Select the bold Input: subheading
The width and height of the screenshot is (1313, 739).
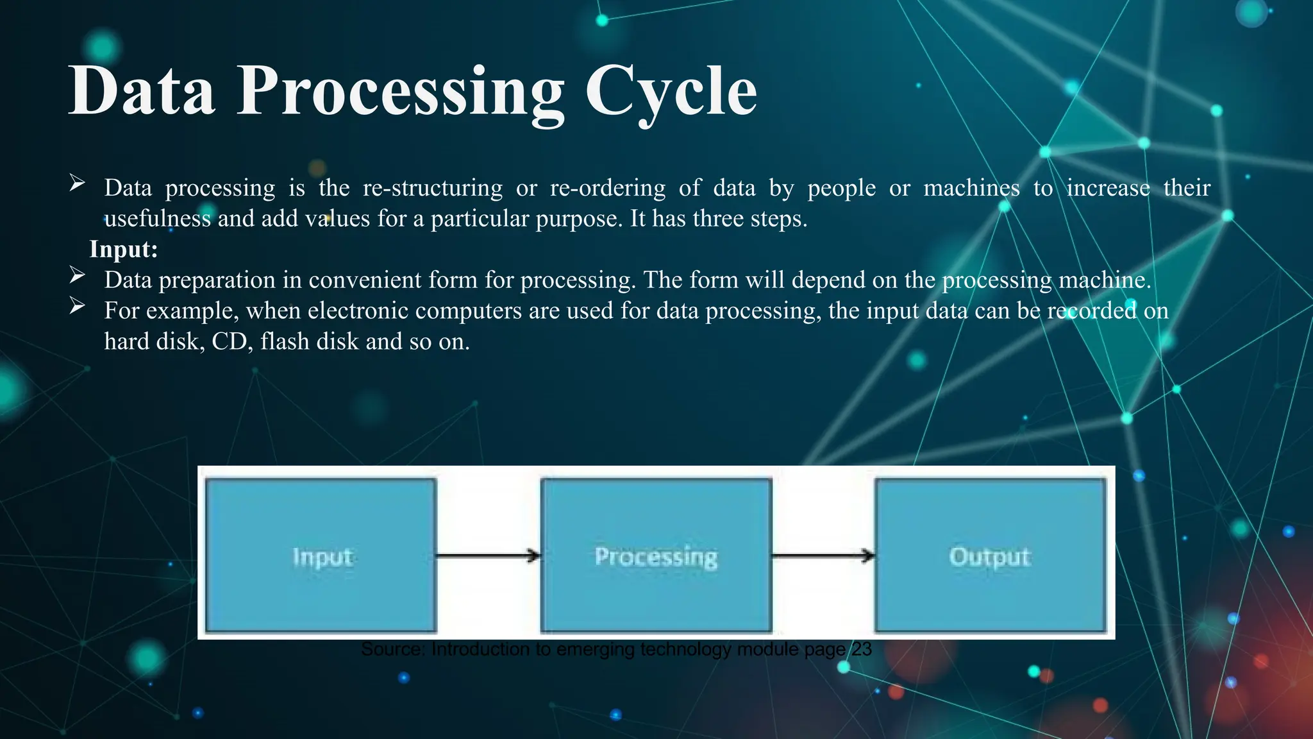pyautogui.click(x=123, y=249)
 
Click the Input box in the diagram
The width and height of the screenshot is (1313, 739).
pyautogui.click(x=321, y=556)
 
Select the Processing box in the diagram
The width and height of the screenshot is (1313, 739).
pyautogui.click(x=656, y=556)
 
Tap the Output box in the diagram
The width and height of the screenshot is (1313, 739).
pyautogui.click(x=991, y=556)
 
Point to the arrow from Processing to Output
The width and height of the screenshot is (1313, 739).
pyautogui.click(x=823, y=556)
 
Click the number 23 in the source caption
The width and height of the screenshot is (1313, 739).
pyautogui.click(x=861, y=649)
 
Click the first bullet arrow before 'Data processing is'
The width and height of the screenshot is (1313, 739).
pyautogui.click(x=77, y=183)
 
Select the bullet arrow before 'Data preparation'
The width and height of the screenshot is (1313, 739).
pyautogui.click(x=77, y=276)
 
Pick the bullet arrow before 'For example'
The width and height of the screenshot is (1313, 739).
pyautogui.click(x=77, y=306)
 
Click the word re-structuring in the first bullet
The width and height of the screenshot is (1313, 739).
pyautogui.click(x=433, y=188)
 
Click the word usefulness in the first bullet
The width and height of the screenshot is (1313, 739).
pyautogui.click(x=157, y=219)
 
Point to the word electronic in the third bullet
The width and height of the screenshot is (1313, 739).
pyautogui.click(x=350, y=310)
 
